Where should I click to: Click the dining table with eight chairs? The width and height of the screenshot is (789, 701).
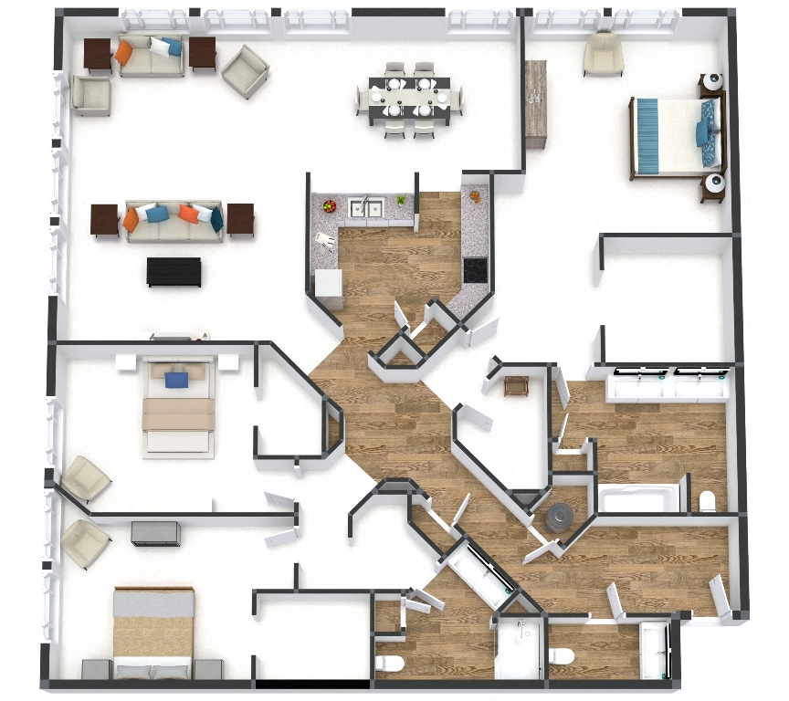tap(409, 98)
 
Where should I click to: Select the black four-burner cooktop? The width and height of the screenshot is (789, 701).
tap(476, 269)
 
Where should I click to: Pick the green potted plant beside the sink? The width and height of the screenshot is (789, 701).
tap(400, 200)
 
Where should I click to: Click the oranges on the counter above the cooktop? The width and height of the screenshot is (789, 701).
tap(475, 196)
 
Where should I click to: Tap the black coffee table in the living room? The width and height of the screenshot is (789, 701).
tap(174, 271)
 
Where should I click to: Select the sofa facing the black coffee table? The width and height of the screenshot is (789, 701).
tap(174, 221)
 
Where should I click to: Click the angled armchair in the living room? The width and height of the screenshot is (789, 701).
tap(245, 71)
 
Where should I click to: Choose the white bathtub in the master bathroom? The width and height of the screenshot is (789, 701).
tap(639, 498)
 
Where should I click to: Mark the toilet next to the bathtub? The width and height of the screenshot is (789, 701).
tap(706, 501)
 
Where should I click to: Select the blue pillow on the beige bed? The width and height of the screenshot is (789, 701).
tap(177, 376)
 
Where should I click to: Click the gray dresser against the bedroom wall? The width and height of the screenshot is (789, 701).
tap(154, 532)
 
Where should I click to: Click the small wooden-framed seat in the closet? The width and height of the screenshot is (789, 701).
tap(516, 385)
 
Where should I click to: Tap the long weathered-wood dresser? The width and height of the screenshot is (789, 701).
tap(535, 103)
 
